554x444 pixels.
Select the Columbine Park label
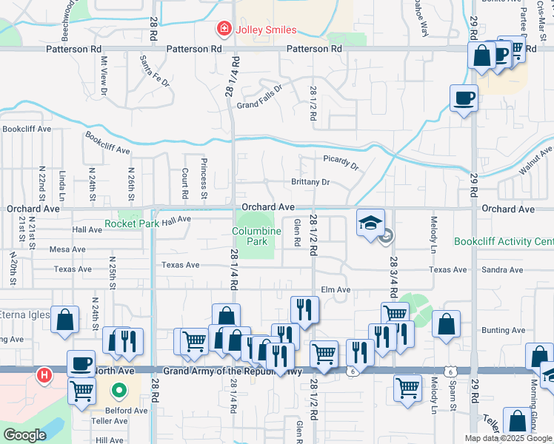coord(256,236)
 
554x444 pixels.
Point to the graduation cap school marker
coord(370,222)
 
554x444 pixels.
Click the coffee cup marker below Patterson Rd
coord(464,98)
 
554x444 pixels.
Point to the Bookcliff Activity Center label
coord(503,242)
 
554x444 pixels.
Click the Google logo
coord(24,434)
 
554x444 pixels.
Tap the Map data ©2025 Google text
coord(508,438)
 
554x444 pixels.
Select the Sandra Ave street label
coord(500,271)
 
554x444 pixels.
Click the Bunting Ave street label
coord(503,330)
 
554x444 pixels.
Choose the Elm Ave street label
coord(335,290)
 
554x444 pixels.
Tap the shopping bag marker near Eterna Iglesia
coord(65,320)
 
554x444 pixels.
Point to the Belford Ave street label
coord(126,410)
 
